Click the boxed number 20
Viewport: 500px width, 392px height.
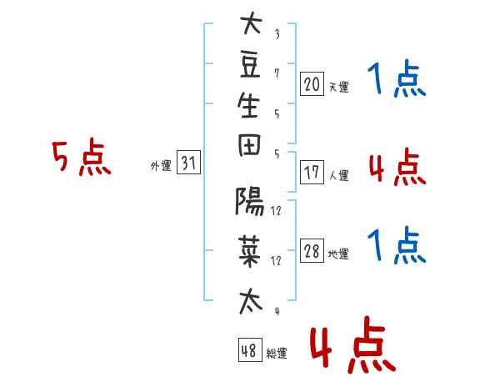[312, 83]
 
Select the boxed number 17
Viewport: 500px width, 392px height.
[312, 173]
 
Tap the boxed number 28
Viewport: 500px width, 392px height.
[312, 253]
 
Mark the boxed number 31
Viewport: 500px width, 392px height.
[188, 163]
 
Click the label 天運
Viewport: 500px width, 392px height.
[338, 87]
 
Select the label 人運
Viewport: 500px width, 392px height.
[338, 176]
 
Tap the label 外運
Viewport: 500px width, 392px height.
[161, 166]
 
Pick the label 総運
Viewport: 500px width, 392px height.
[277, 353]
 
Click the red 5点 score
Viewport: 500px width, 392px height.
[81, 158]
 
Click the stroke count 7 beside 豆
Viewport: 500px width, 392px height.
[277, 73]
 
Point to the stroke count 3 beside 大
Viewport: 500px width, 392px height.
[277, 35]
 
